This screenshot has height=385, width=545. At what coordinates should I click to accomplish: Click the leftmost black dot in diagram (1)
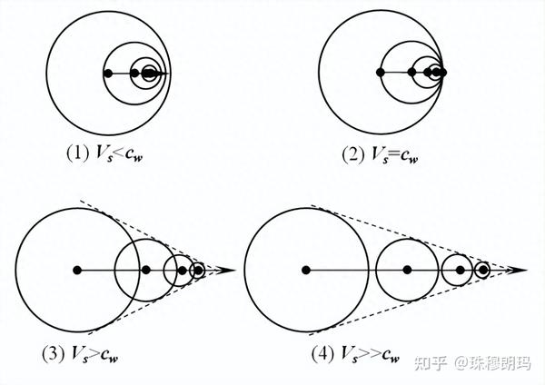[x=108, y=73]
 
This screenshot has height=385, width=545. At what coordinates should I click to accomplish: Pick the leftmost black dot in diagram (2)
[x=381, y=72]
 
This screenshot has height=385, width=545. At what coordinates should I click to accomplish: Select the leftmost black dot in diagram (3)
[x=77, y=270]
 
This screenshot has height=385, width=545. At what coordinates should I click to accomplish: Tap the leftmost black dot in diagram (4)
[x=306, y=270]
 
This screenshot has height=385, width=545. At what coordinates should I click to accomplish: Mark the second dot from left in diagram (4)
[x=407, y=270]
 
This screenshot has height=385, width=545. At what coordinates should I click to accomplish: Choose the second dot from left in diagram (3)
[x=145, y=270]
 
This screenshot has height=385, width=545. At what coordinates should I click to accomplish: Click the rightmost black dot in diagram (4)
[x=483, y=270]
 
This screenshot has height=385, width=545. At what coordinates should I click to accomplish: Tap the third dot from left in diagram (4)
[x=460, y=270]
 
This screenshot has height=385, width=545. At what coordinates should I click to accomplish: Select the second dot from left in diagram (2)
[x=411, y=72]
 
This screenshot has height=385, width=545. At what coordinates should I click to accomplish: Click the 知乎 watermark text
[x=429, y=363]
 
